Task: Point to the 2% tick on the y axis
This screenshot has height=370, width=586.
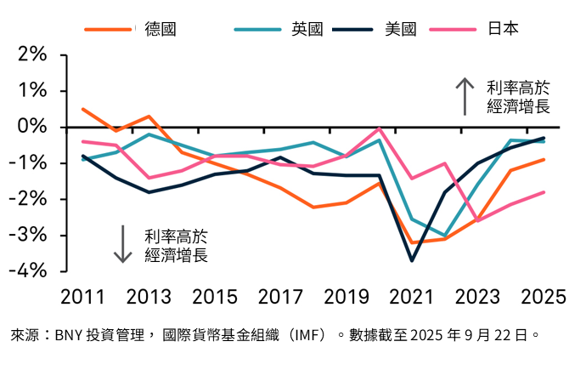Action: tap(30, 54)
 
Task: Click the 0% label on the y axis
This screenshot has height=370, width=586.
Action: tap(30, 127)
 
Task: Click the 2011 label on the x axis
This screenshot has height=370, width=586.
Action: tap(82, 296)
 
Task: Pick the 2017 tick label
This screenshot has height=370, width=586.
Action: tap(281, 296)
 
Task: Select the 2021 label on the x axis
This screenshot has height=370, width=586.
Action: tap(413, 296)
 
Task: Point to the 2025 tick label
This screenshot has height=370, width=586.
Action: tap(544, 296)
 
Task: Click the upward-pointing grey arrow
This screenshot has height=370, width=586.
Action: tap(465, 96)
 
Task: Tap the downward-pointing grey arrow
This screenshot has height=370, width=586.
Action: tap(123, 243)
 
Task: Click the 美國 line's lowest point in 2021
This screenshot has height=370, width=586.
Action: tap(413, 260)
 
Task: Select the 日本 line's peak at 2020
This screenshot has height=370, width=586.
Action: tap(380, 128)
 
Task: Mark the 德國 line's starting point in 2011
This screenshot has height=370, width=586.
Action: tap(82, 109)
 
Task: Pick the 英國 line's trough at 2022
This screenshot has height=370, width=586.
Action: tap(445, 236)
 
